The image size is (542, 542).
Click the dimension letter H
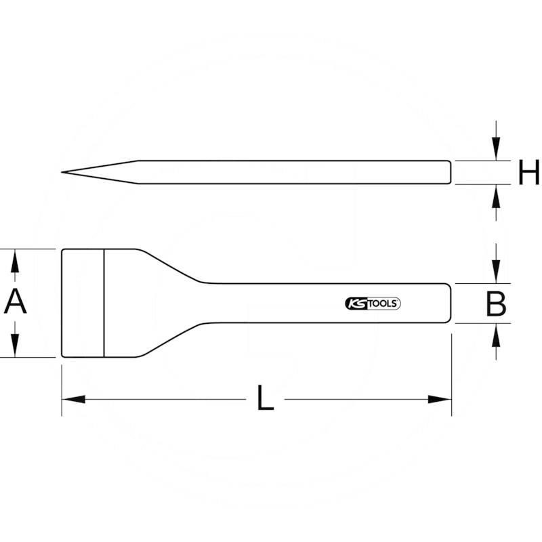pos(528,173)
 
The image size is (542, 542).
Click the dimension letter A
pos(15,302)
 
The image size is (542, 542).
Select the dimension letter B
pos(497,304)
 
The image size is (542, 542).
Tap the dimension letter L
pos(266,398)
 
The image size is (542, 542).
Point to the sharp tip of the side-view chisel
pos(63,172)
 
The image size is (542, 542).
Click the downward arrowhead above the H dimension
pos(497,152)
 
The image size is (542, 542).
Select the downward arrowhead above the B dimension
pos(497,274)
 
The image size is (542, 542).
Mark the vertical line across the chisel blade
pos(104,303)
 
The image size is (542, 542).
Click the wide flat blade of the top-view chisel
pos(83,303)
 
